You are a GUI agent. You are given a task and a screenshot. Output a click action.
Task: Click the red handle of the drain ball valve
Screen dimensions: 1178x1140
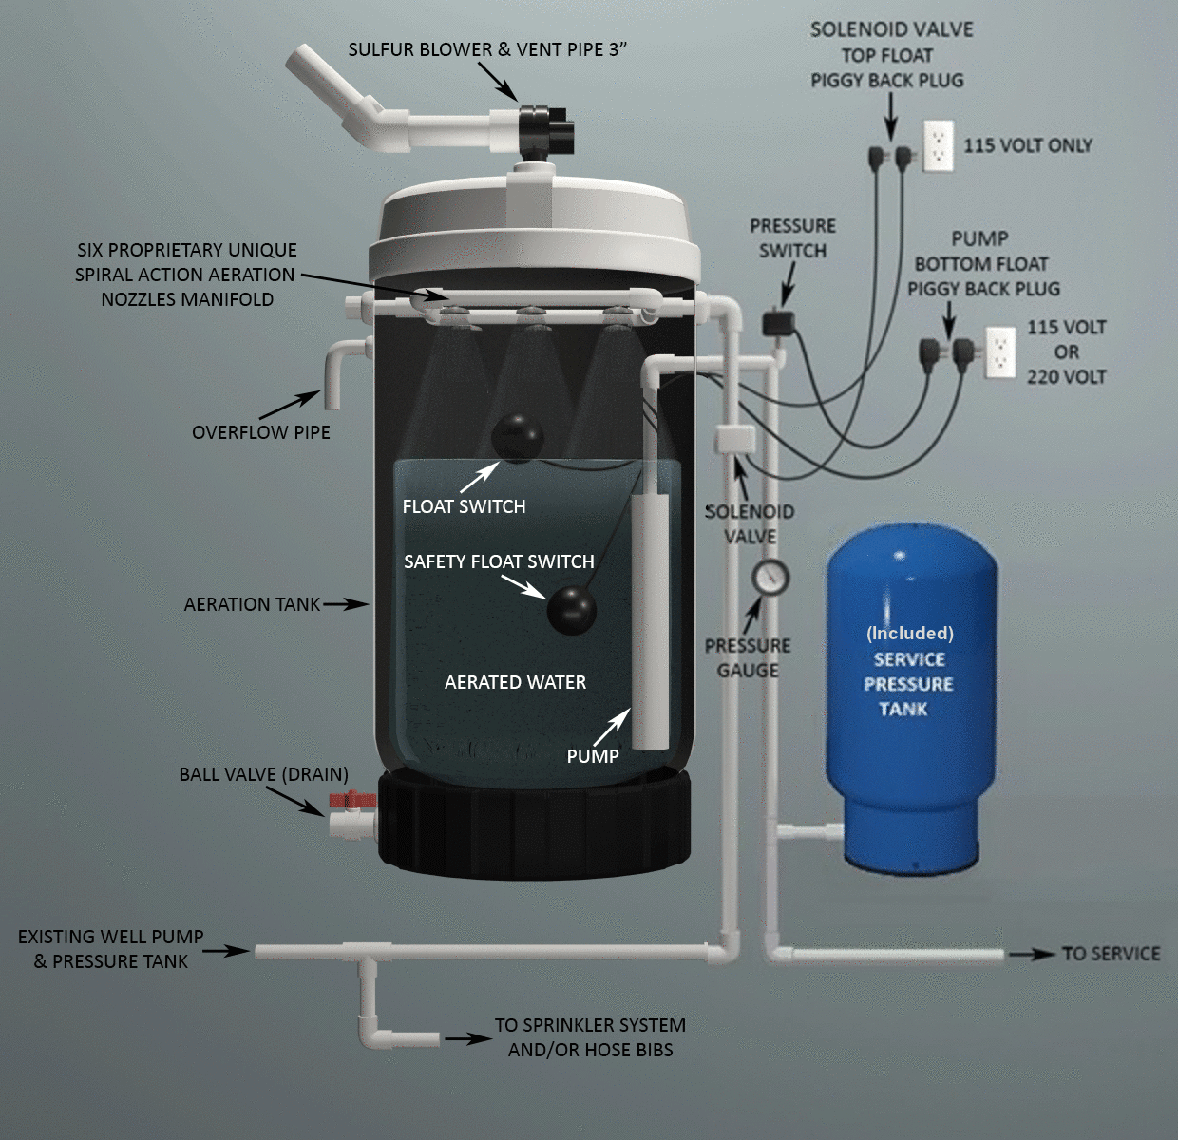[352, 799]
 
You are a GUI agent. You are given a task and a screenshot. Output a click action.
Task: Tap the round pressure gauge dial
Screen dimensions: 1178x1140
[770, 578]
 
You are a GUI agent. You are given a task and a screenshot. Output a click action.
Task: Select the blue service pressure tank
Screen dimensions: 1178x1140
[912, 696]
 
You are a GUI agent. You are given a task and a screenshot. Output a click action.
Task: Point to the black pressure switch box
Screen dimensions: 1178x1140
[779, 321]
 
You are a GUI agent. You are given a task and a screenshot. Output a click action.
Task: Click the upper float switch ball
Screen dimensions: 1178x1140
[517, 438]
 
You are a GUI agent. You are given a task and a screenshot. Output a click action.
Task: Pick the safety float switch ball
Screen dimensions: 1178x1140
[572, 610]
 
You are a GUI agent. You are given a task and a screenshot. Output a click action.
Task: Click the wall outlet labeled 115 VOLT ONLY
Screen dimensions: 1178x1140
[939, 146]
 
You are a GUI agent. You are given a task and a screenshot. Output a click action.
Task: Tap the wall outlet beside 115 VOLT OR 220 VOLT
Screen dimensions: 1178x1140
[1000, 351]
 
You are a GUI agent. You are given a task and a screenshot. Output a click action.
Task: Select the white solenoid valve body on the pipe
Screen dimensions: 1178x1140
[735, 440]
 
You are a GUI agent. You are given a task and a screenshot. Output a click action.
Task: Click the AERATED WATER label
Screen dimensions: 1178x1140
[515, 682]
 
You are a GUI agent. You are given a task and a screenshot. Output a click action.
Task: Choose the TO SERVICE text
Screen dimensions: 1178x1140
[1111, 954]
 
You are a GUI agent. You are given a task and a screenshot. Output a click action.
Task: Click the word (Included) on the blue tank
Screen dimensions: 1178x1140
[910, 634]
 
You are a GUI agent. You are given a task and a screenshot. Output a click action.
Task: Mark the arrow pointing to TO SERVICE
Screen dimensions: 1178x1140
[1032, 954]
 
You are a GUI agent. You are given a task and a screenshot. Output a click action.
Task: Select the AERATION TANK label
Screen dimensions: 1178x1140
[252, 604]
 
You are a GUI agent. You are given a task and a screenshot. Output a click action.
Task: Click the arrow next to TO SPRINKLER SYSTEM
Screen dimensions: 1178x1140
[468, 1038]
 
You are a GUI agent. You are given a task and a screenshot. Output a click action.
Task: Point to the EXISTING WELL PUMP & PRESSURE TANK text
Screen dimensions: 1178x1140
[111, 949]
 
